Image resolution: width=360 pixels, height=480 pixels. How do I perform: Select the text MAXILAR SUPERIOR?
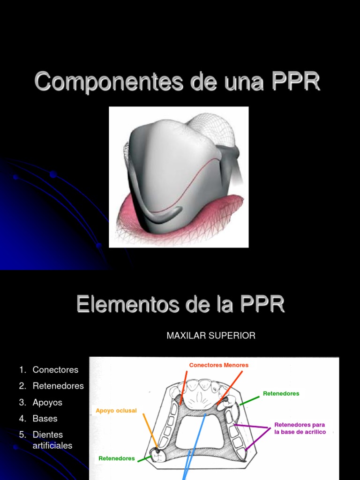[x=211, y=336]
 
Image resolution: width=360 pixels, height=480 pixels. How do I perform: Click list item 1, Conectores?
[x=55, y=370]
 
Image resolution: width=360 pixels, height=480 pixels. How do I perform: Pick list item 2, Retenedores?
[x=58, y=386]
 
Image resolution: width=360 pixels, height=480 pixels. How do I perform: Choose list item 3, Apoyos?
[x=47, y=403]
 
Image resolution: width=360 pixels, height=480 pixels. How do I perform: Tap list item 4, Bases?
[x=45, y=419]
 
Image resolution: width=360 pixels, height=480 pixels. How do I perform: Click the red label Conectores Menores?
[x=219, y=365]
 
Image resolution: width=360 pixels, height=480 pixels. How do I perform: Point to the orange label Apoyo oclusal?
[x=116, y=411]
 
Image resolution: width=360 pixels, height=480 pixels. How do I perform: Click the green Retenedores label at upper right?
[x=281, y=394]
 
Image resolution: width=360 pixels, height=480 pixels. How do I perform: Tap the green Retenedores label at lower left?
[x=117, y=458]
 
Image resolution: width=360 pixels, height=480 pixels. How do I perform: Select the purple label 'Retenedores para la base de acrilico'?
[x=300, y=428]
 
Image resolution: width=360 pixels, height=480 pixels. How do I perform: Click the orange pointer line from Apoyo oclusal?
[x=150, y=429]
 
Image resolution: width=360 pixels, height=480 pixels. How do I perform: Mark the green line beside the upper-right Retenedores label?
[x=249, y=400]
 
